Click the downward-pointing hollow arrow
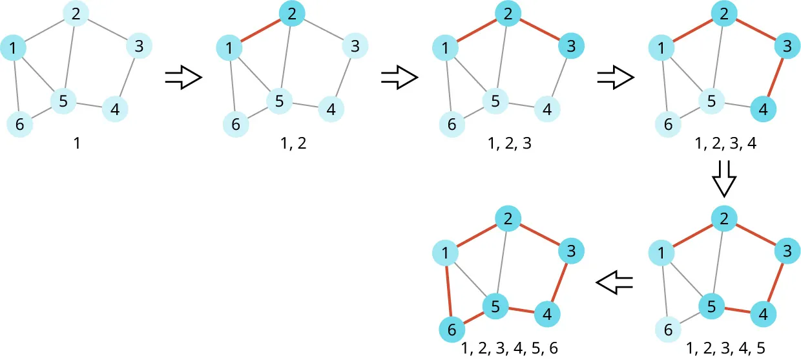click(723, 180)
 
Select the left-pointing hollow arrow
click(614, 282)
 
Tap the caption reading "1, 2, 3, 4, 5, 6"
click(510, 349)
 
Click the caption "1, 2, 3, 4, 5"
click(725, 349)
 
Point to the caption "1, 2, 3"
click(510, 143)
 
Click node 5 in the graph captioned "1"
click(63, 101)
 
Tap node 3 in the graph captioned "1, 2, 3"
click(570, 46)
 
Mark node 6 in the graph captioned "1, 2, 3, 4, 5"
click(669, 330)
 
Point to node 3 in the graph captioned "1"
click(139, 46)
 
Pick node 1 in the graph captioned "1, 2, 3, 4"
click(660, 47)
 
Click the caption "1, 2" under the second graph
click(294, 143)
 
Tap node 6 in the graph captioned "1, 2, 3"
click(452, 124)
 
